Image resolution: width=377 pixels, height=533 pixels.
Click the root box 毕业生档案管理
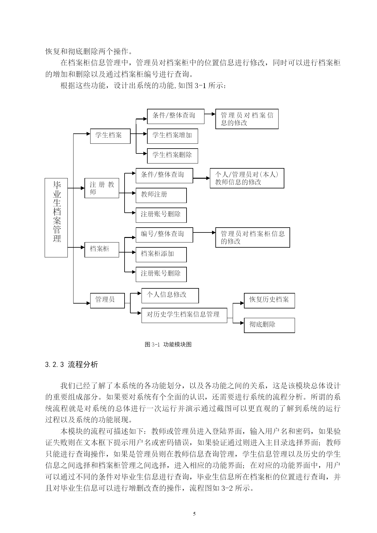(56, 218)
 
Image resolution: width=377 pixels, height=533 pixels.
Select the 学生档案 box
(110, 136)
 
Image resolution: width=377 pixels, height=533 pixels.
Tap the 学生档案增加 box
(173, 136)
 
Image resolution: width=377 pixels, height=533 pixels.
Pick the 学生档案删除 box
(173, 156)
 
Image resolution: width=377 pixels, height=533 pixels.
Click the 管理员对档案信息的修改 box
(247, 119)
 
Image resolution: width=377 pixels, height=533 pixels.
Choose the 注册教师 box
(102, 188)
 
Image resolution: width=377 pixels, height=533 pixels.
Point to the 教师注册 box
(161, 195)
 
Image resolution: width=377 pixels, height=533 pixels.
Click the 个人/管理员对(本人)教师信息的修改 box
(247, 178)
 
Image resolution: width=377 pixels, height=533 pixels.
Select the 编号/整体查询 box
(164, 235)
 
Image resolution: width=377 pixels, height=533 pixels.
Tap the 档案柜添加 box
(161, 255)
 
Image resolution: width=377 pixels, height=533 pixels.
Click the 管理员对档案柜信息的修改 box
(253, 237)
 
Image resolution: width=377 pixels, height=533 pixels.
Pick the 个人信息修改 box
(170, 296)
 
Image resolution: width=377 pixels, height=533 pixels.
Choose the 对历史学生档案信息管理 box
(184, 315)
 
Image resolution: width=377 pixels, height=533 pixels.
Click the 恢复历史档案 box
(269, 301)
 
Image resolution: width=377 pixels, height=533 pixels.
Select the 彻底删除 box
(269, 325)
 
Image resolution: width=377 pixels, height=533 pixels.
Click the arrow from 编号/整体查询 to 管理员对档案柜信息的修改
(204, 233)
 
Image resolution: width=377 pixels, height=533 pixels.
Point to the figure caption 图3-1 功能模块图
(168, 344)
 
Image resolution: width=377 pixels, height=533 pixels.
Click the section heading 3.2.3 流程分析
(71, 365)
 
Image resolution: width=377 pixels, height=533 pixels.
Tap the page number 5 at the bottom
(194, 514)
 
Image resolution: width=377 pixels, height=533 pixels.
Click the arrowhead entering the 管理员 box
(88, 303)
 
